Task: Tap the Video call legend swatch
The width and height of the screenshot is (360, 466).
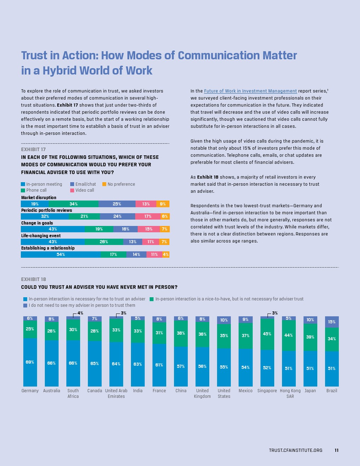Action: (71, 190)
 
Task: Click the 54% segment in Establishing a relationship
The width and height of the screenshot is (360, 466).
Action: (61, 255)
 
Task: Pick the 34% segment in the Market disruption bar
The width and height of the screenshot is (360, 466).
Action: (74, 204)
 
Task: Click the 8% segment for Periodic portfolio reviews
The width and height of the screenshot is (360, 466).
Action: (165, 217)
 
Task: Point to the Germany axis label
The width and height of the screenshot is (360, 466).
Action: (30, 391)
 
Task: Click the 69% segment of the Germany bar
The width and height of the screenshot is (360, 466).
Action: (30, 362)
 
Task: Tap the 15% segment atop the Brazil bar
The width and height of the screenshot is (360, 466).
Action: (332, 322)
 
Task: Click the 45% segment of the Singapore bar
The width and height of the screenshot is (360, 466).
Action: (267, 334)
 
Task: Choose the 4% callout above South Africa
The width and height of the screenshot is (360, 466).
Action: (80, 313)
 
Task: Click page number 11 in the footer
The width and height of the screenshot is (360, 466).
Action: (336, 451)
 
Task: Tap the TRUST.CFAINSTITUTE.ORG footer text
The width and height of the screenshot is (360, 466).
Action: (295, 451)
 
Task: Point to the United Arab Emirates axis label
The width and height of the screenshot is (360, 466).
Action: (116, 393)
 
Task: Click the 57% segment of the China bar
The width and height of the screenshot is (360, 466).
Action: (181, 366)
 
